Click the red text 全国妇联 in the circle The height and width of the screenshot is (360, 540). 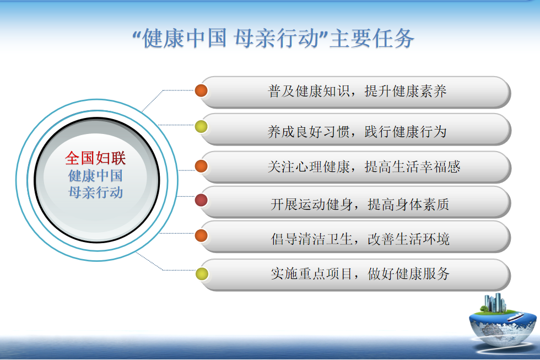pos(95,158)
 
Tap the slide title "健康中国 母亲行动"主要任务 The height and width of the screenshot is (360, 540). pos(273,38)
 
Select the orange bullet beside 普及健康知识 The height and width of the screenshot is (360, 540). pos(201,90)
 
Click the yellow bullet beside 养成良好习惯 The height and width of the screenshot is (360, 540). pos(201,127)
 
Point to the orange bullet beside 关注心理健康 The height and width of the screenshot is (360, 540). pos(201,166)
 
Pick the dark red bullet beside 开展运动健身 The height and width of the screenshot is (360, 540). pos(201,200)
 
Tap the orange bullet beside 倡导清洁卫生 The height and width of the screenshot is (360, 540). pos(201,236)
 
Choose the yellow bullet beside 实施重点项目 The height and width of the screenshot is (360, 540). pos(202,274)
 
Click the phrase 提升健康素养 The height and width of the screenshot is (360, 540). pos(406,92)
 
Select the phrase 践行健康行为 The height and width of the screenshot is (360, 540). pos(406,132)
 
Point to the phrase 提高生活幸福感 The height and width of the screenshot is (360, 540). pos(413,167)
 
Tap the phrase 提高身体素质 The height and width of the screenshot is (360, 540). pos(408,205)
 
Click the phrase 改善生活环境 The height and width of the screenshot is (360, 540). pos(408,239)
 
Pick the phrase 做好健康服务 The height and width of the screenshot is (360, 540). pos(408,274)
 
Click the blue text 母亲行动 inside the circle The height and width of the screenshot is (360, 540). pos(96,192)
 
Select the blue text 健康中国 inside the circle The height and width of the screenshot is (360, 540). pos(96,176)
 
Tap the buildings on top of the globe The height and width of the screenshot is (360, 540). pos(495,303)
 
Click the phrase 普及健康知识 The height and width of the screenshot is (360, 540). pos(309,92)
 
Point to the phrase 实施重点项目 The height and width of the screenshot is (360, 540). pos(312,274)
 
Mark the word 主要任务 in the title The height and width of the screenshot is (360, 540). pos(372,38)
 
